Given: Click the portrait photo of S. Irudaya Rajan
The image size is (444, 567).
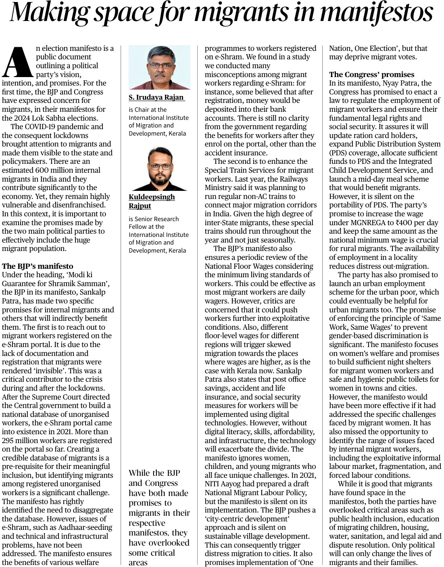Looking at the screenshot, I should [159, 67].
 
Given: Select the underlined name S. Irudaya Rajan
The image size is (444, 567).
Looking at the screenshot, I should [156, 98].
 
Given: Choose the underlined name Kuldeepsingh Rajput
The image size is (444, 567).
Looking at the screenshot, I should [152, 201].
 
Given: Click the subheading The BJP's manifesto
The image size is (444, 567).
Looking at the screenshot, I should [38, 266].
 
